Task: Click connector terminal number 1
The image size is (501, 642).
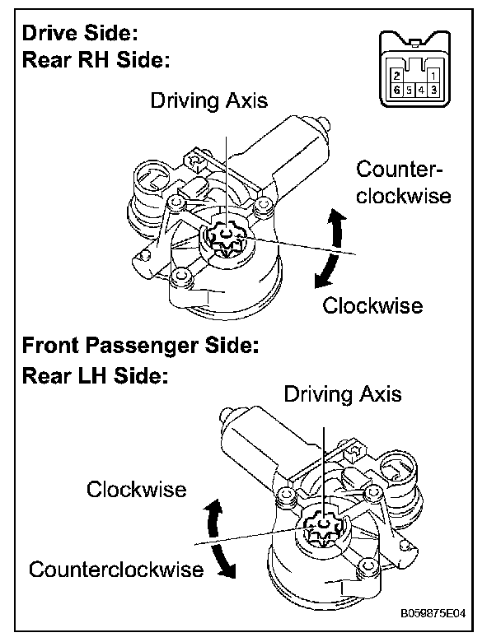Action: tap(433, 75)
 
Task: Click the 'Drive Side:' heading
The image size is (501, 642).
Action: tap(79, 34)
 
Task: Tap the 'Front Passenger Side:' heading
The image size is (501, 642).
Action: tap(140, 345)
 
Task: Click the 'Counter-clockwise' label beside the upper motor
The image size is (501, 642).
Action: tap(403, 183)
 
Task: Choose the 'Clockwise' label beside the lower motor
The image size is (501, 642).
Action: tap(137, 490)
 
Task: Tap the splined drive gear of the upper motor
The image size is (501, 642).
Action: tap(222, 239)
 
